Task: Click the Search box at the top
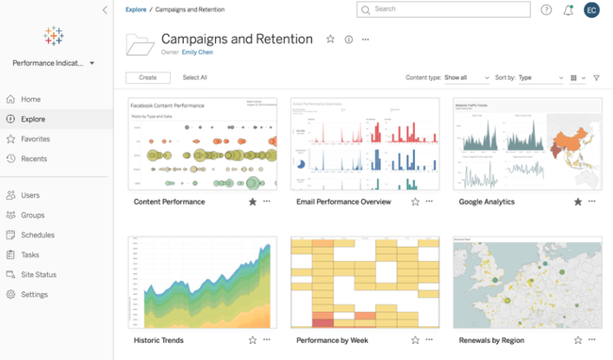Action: [443, 9]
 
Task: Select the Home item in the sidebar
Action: [31, 99]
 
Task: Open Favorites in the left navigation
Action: [35, 139]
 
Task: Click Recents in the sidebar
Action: [34, 158]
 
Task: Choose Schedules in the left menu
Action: [38, 235]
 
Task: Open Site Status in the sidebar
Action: [39, 274]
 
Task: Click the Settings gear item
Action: [34, 294]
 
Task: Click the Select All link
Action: [194, 77]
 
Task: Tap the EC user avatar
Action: [591, 10]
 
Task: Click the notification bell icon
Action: [568, 10]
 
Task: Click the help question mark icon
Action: [546, 10]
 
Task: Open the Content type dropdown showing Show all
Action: [467, 78]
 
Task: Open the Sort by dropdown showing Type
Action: [541, 78]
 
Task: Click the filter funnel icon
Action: [596, 78]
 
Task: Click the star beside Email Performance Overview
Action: [415, 202]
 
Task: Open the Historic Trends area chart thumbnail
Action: [203, 283]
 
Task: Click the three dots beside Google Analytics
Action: [592, 202]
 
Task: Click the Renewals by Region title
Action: [490, 340]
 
